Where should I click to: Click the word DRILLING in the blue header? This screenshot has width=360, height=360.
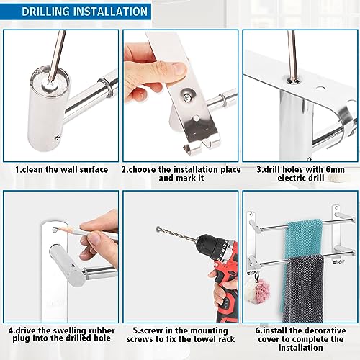[45, 12]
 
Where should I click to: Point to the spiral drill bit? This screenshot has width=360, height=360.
[177, 234]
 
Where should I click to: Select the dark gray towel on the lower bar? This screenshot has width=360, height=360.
[303, 288]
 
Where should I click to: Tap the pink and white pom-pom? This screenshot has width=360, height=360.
[257, 291]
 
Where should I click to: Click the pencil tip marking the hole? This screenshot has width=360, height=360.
[56, 228]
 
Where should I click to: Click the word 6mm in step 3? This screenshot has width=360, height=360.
[335, 170]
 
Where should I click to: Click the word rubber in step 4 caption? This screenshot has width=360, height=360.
[102, 330]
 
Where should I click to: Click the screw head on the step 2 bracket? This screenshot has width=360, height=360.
[186, 96]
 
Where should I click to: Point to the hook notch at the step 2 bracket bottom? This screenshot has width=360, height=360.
[207, 144]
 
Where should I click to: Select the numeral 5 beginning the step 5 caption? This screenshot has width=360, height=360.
[135, 330]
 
